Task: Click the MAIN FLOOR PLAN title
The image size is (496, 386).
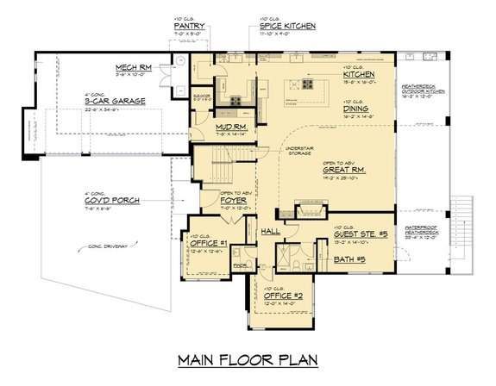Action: click(x=248, y=358)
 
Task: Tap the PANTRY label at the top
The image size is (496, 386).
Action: click(x=189, y=27)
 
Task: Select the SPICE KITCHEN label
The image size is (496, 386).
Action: click(x=287, y=27)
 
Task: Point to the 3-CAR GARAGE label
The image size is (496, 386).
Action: click(x=115, y=101)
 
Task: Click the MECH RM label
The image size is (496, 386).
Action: click(x=135, y=67)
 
